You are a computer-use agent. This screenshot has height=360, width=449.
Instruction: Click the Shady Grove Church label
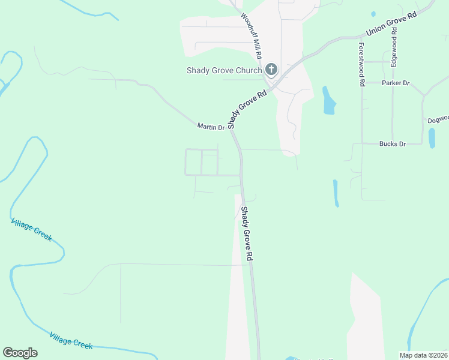224,70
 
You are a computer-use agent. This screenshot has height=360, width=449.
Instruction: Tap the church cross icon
271,70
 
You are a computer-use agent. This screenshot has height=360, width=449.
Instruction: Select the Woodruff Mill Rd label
252,35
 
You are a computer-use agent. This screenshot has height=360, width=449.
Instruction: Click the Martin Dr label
211,127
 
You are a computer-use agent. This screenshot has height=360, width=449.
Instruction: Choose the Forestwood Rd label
361,65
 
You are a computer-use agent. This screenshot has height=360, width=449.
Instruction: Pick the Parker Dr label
395,83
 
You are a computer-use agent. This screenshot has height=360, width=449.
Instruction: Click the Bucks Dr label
393,144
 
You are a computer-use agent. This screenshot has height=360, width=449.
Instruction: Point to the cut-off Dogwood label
438,119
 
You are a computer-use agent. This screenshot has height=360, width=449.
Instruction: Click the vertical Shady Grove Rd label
246,233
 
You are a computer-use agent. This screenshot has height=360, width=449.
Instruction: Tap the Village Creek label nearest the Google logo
71,340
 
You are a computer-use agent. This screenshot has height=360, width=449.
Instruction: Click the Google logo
20,353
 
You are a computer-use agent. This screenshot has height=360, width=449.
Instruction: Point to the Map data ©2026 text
423,355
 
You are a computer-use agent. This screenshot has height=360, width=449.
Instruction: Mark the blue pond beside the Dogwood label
432,137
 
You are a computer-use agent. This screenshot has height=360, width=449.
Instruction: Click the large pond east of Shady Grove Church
328,101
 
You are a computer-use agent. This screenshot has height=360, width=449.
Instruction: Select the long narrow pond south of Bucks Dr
336,193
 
